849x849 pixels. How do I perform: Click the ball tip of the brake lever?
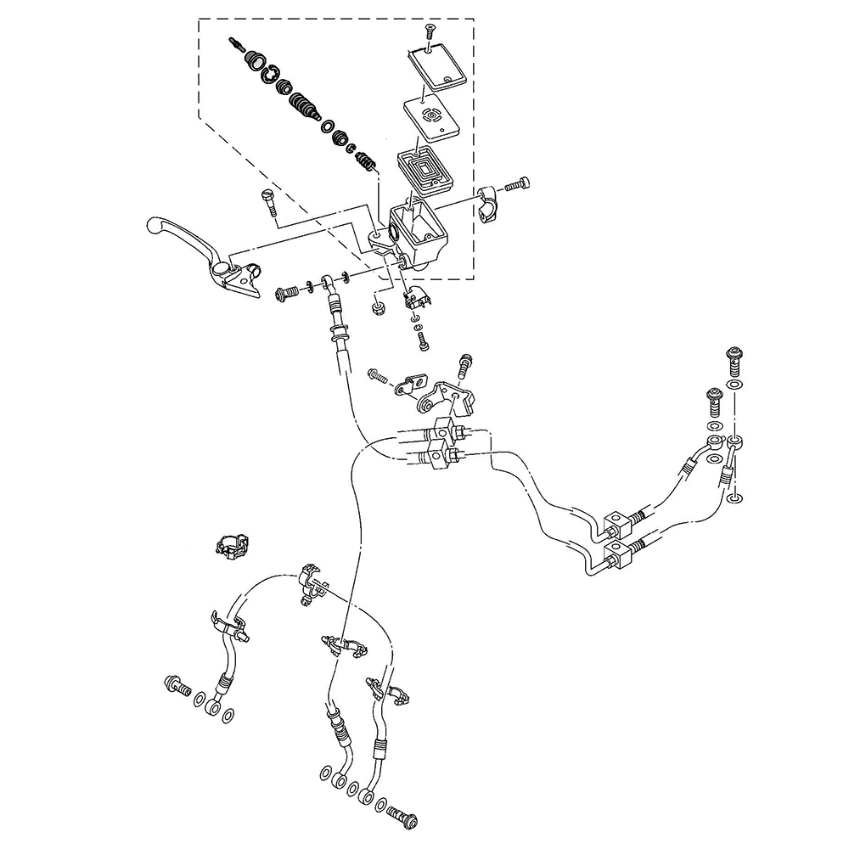pyautogui.click(x=154, y=225)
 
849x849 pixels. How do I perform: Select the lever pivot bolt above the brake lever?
pyautogui.click(x=267, y=201)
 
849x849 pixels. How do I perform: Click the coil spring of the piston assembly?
pyautogui.click(x=364, y=159)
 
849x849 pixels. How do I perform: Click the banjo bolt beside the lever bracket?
pyautogui.click(x=286, y=294)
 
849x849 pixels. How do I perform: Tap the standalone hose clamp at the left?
pyautogui.click(x=230, y=546)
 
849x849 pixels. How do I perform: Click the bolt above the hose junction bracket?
pyautogui.click(x=464, y=366)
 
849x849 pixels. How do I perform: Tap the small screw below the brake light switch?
pyautogui.click(x=422, y=340)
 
